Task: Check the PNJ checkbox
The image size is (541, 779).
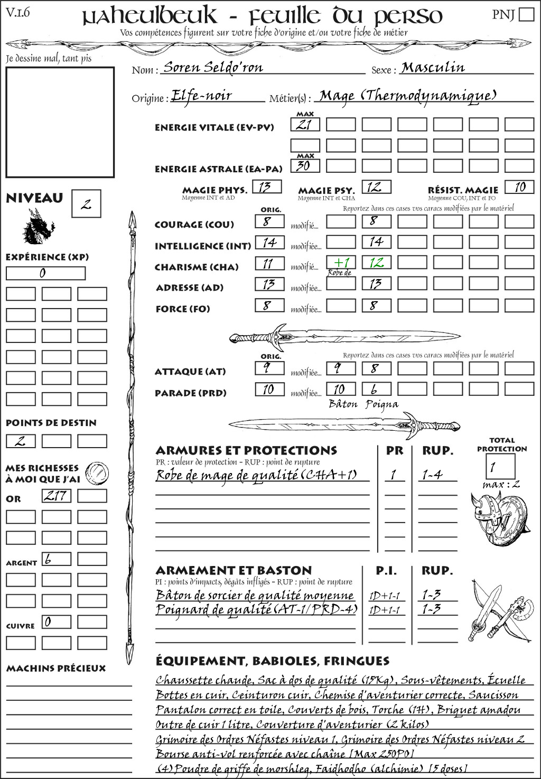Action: (x=527, y=14)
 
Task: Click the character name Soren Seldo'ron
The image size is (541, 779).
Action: (x=213, y=67)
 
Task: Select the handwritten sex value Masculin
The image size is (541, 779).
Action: (x=433, y=67)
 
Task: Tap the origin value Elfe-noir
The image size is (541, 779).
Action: (x=202, y=96)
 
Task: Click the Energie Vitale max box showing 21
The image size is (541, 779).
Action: (x=305, y=125)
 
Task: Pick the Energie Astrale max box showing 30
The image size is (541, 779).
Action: (x=305, y=165)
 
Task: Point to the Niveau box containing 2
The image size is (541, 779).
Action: (x=86, y=204)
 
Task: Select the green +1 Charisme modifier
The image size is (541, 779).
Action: (x=341, y=263)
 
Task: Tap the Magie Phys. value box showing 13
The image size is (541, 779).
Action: (x=267, y=187)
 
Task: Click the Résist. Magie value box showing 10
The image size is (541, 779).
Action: (x=519, y=187)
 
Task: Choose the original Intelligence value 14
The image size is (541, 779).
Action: (x=269, y=243)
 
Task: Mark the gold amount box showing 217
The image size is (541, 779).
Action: (x=57, y=496)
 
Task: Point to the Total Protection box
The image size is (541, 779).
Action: (x=500, y=466)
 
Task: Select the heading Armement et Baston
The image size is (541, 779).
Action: (x=234, y=570)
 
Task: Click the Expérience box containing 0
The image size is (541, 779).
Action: (x=45, y=273)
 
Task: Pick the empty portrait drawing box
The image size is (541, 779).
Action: (x=60, y=122)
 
